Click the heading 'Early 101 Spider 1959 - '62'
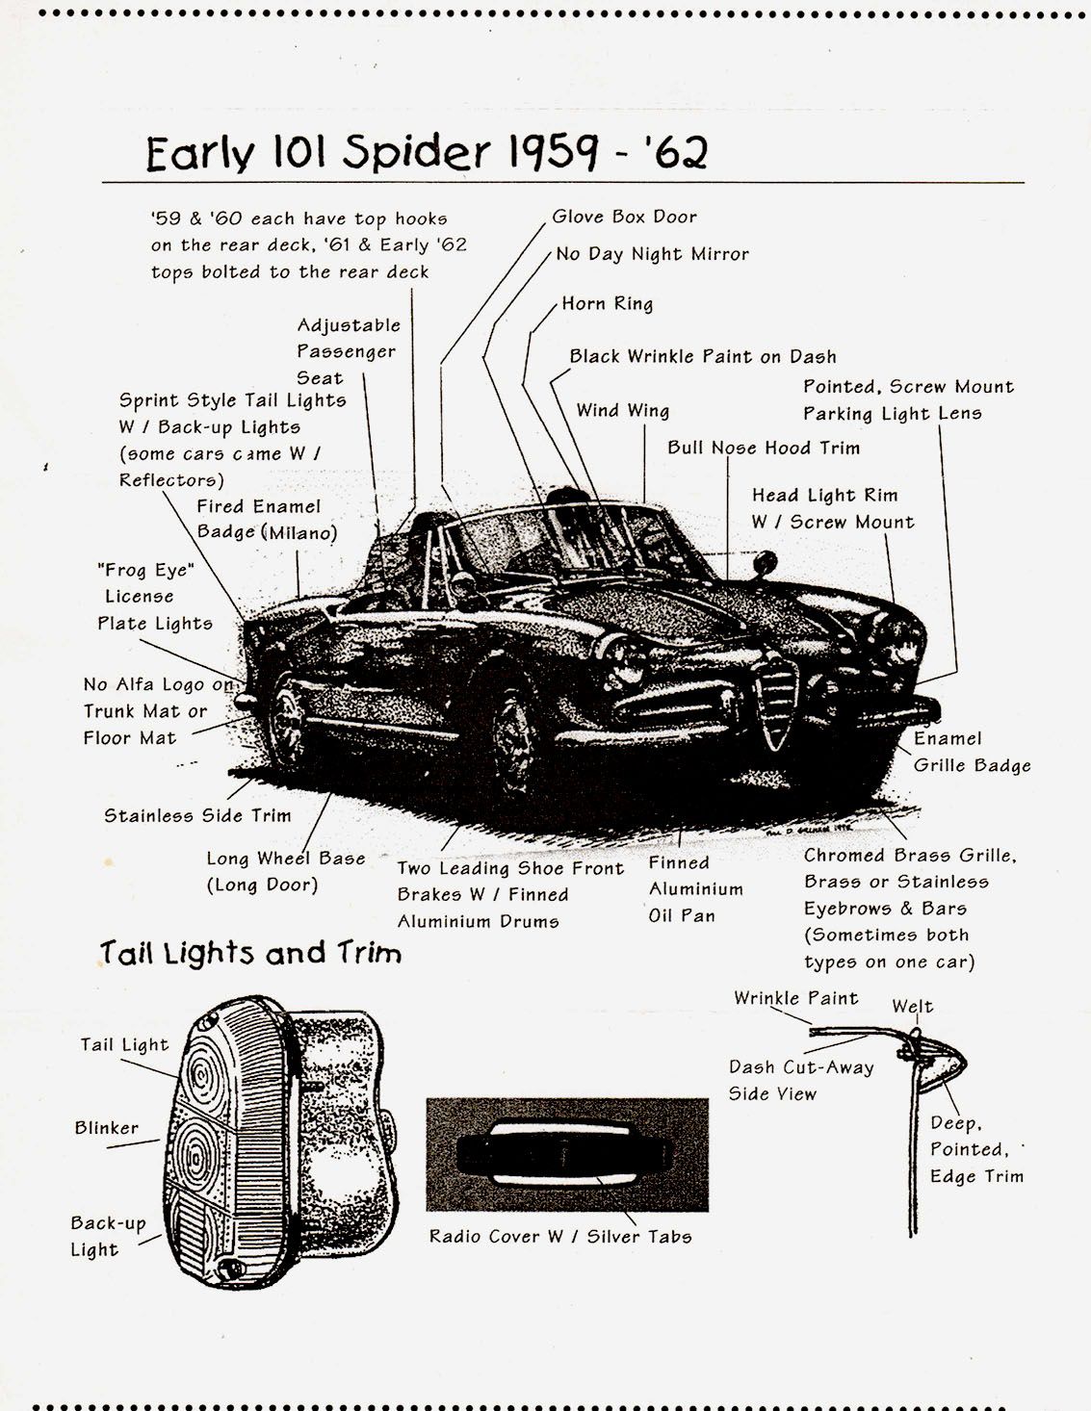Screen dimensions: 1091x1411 [x=427, y=153]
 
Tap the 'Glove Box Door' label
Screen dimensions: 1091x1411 [x=624, y=217]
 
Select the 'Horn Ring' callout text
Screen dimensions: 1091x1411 [x=608, y=304]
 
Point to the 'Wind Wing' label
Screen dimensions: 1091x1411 [x=622, y=410]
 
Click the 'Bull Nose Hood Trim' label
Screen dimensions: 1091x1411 [x=764, y=448]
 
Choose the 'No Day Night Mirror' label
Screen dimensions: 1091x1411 [x=652, y=254]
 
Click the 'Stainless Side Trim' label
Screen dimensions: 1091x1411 [x=197, y=815]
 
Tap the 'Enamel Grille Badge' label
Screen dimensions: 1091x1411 [x=973, y=752]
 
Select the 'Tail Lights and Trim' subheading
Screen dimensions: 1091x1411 [x=250, y=953]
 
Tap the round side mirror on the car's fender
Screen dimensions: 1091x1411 [x=765, y=562]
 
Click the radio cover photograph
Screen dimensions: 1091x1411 [x=567, y=1155]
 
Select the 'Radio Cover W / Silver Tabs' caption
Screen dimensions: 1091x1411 [x=560, y=1236]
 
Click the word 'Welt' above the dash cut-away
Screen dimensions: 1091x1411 [x=913, y=1006]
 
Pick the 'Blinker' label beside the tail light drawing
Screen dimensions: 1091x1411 [x=107, y=1127]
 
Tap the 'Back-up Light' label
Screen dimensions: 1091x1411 [x=108, y=1237]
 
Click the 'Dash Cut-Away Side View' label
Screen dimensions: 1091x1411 [x=801, y=1080]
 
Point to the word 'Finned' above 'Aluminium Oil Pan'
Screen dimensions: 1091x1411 [x=679, y=862]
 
